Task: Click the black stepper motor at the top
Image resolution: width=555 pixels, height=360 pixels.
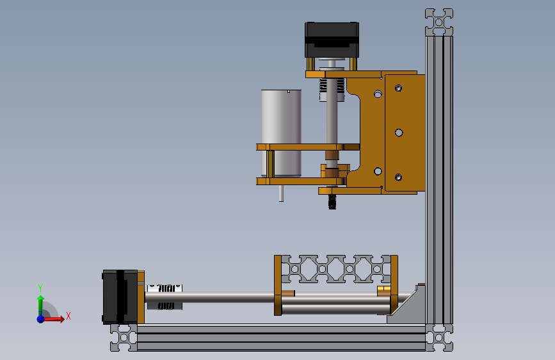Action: pyautogui.click(x=332, y=39)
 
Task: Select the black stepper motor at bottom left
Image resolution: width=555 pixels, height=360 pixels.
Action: pyautogui.click(x=120, y=297)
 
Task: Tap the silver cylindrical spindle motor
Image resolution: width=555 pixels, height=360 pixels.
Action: pyautogui.click(x=281, y=133)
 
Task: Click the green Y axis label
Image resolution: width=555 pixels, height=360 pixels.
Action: pyautogui.click(x=40, y=288)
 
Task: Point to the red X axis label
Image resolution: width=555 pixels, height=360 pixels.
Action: pyautogui.click(x=68, y=316)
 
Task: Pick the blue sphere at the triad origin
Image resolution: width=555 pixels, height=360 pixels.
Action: pyautogui.click(x=41, y=319)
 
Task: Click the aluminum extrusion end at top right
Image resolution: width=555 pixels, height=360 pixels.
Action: pyautogui.click(x=439, y=22)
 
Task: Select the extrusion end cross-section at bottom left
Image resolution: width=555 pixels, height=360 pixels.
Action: pyautogui.click(x=124, y=338)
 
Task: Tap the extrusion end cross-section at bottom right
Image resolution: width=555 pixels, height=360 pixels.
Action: pyautogui.click(x=439, y=338)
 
